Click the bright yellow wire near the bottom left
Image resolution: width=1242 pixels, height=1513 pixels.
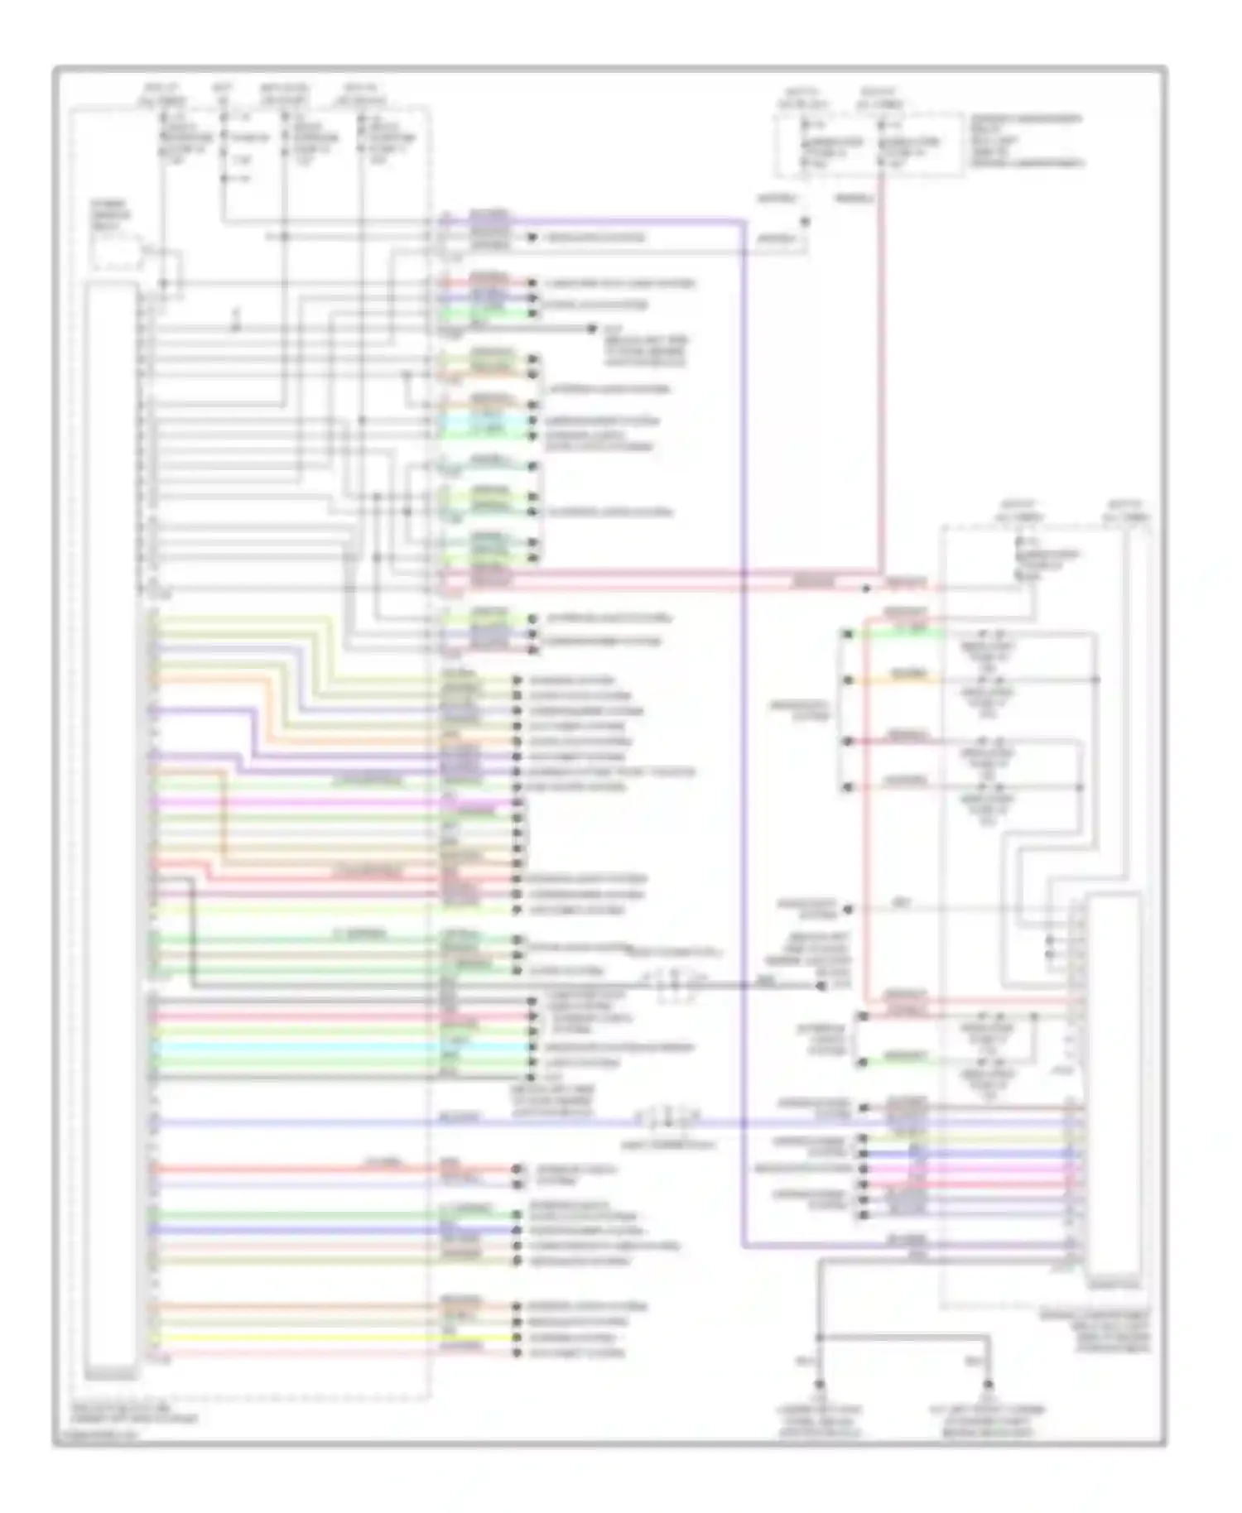click(331, 1338)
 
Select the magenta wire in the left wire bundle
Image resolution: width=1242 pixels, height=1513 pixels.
click(331, 802)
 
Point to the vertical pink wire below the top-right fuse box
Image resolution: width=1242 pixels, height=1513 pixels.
click(882, 372)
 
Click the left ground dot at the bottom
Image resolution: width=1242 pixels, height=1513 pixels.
click(819, 1385)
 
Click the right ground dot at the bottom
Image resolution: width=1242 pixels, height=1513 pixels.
click(989, 1385)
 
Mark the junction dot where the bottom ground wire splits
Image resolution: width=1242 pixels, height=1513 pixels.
click(819, 1338)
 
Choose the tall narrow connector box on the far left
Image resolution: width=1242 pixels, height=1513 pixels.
click(111, 828)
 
